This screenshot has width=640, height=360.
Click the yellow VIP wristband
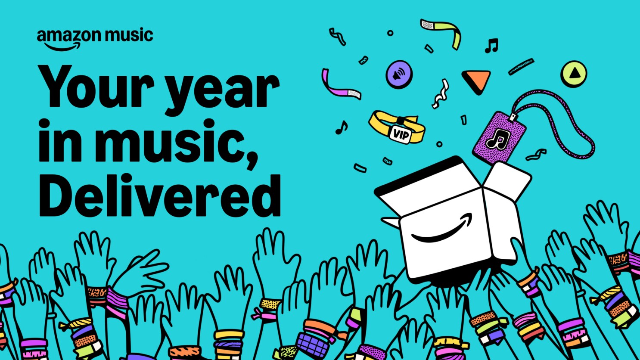(x=396, y=126)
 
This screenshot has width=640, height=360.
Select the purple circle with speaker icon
(x=399, y=74)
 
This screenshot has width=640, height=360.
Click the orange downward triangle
(x=476, y=81)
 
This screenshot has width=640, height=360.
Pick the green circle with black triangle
(x=574, y=74)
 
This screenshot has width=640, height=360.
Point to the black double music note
(x=491, y=45)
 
